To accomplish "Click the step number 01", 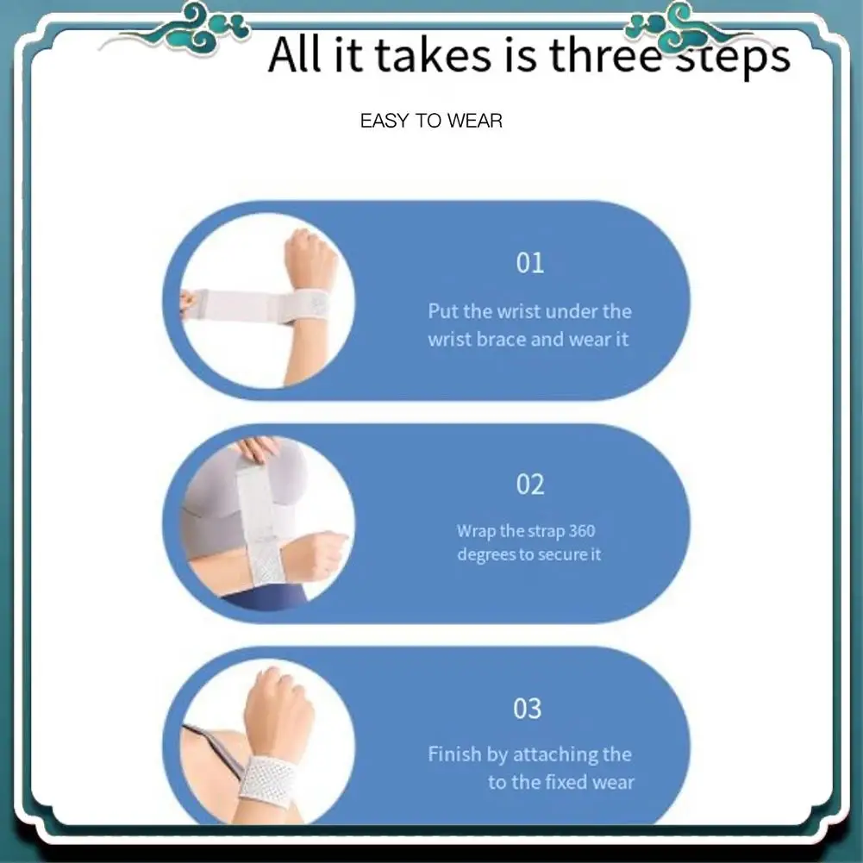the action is (x=530, y=263).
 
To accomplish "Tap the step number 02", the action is (x=530, y=485).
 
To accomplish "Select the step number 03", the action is (x=528, y=709).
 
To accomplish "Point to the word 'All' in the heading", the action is (x=294, y=54).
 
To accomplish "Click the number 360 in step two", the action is (x=582, y=530).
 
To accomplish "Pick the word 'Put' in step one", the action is (x=443, y=311).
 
